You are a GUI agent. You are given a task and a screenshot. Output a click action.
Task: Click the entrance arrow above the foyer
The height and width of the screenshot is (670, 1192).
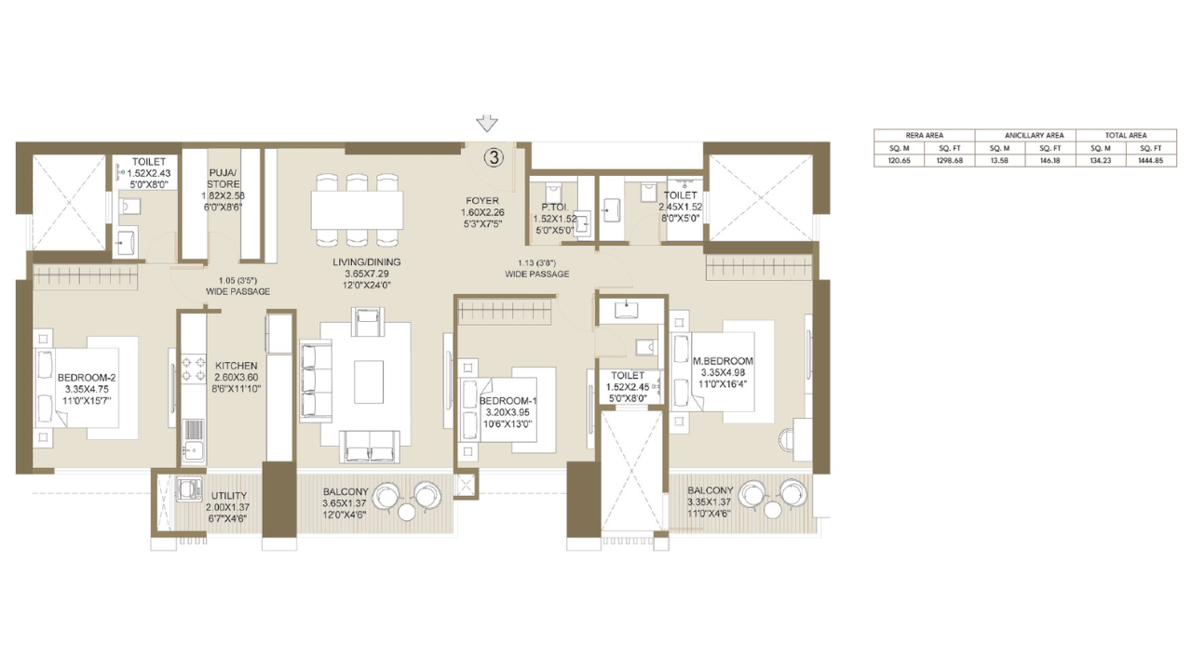(486, 124)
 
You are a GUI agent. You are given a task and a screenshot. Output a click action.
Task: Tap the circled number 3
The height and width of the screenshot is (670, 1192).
(494, 157)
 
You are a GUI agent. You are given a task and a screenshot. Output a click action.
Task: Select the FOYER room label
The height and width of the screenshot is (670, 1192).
(482, 200)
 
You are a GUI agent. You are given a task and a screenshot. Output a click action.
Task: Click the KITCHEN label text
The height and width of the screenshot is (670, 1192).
(237, 366)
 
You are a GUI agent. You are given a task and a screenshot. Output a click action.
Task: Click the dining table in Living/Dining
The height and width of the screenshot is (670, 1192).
(359, 204)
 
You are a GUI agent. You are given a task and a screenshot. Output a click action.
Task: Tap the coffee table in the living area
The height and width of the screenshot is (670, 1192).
(368, 381)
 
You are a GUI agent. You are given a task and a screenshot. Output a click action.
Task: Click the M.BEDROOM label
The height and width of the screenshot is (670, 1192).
(723, 361)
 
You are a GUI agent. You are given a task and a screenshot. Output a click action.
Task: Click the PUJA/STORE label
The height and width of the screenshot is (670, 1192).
(223, 172)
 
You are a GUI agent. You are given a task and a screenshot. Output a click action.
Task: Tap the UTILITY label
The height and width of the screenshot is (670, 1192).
(228, 496)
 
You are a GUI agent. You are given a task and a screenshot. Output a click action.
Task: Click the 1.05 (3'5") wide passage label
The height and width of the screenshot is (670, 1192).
(237, 280)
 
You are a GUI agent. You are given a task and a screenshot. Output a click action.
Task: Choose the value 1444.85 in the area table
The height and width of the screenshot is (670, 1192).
(1126, 160)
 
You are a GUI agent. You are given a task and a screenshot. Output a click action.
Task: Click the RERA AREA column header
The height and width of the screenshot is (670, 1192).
(924, 135)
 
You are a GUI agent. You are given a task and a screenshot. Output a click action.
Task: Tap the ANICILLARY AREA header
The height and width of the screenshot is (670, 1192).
(1025, 135)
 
